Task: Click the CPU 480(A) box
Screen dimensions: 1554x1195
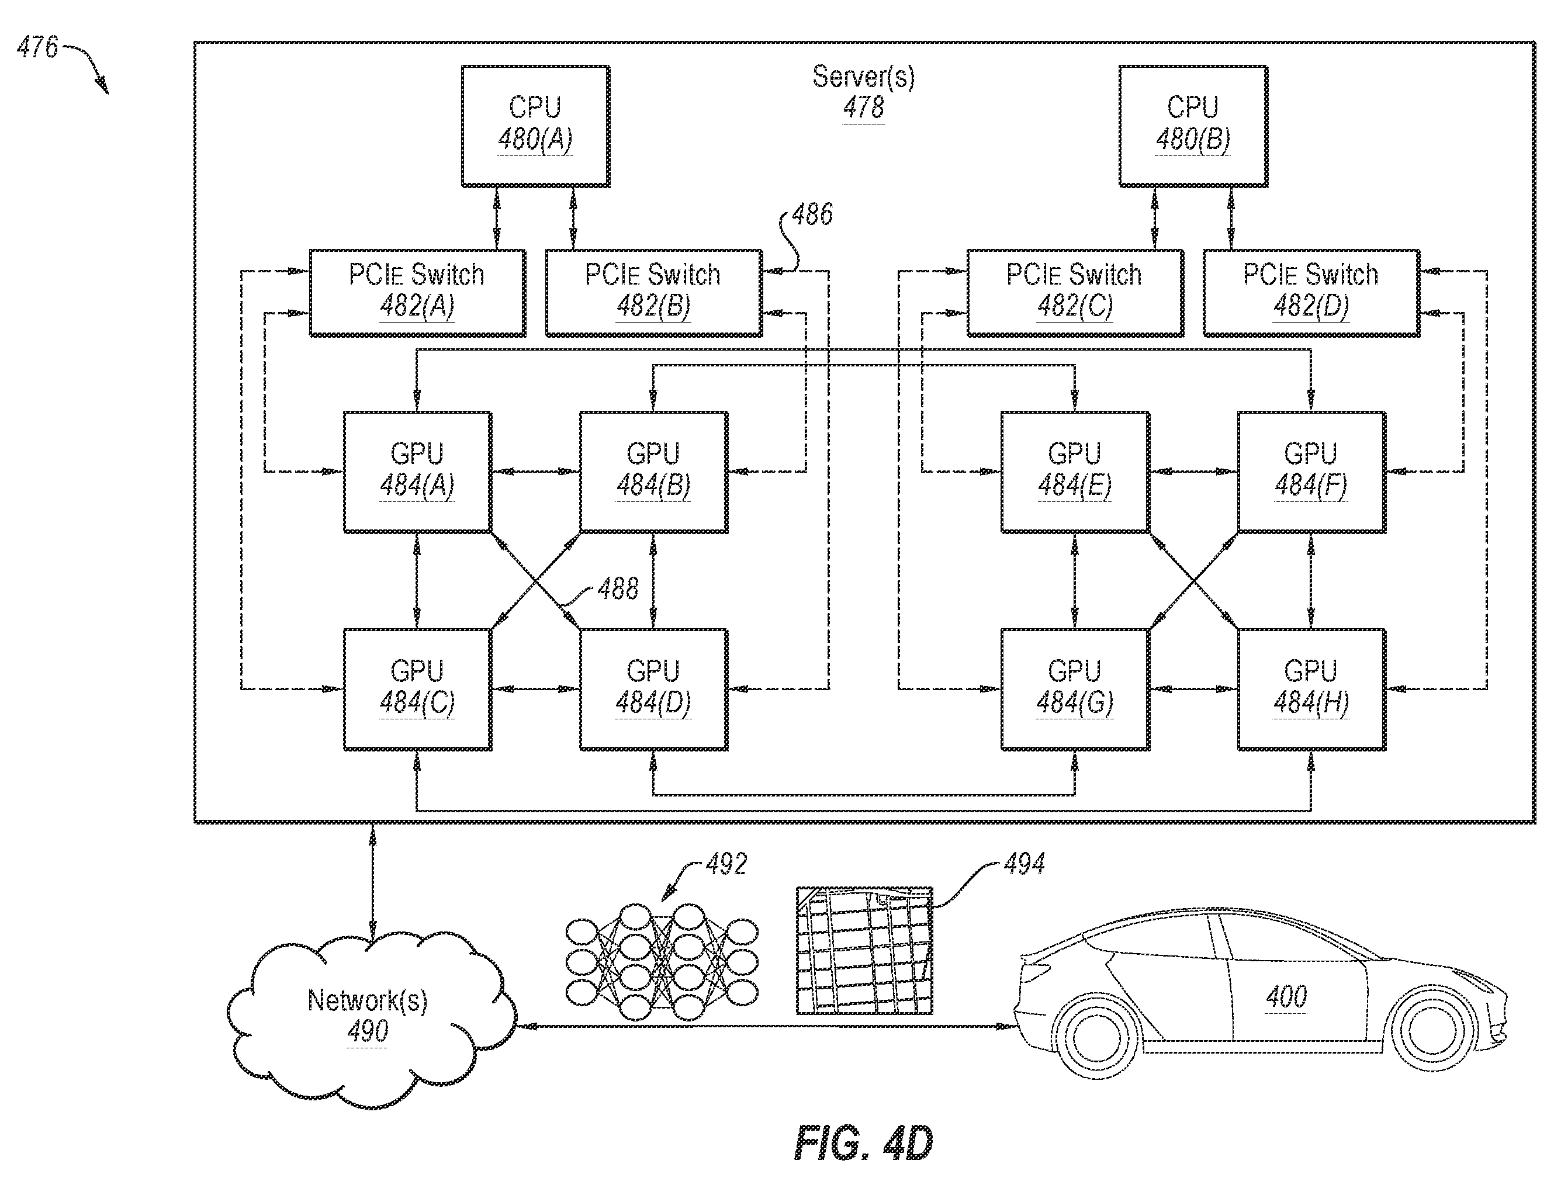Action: (535, 127)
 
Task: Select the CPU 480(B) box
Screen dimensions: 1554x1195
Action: (1193, 127)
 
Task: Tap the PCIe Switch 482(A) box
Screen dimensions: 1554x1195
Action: (417, 292)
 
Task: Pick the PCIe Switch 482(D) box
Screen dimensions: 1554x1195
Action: (1311, 292)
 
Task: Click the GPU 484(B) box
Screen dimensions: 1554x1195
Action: (653, 472)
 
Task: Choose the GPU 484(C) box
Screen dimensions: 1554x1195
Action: (417, 690)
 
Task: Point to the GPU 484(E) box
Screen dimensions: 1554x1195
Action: (1075, 472)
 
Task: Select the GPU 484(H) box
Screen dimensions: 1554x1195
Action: (1311, 690)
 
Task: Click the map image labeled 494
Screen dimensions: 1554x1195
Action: (864, 950)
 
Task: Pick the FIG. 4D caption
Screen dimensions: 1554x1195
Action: (863, 1144)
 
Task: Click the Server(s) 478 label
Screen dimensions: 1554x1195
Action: (863, 92)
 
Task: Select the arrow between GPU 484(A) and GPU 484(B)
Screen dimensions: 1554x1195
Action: (535, 471)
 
